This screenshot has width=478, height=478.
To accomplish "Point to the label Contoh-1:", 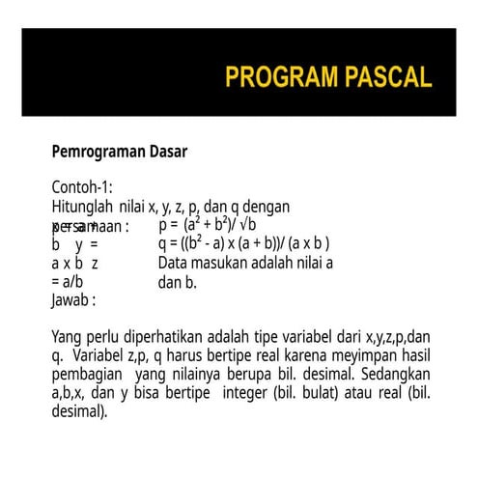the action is (x=82, y=186).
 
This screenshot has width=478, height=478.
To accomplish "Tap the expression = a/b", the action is (x=68, y=281).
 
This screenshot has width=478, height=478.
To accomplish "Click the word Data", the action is (x=174, y=262).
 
